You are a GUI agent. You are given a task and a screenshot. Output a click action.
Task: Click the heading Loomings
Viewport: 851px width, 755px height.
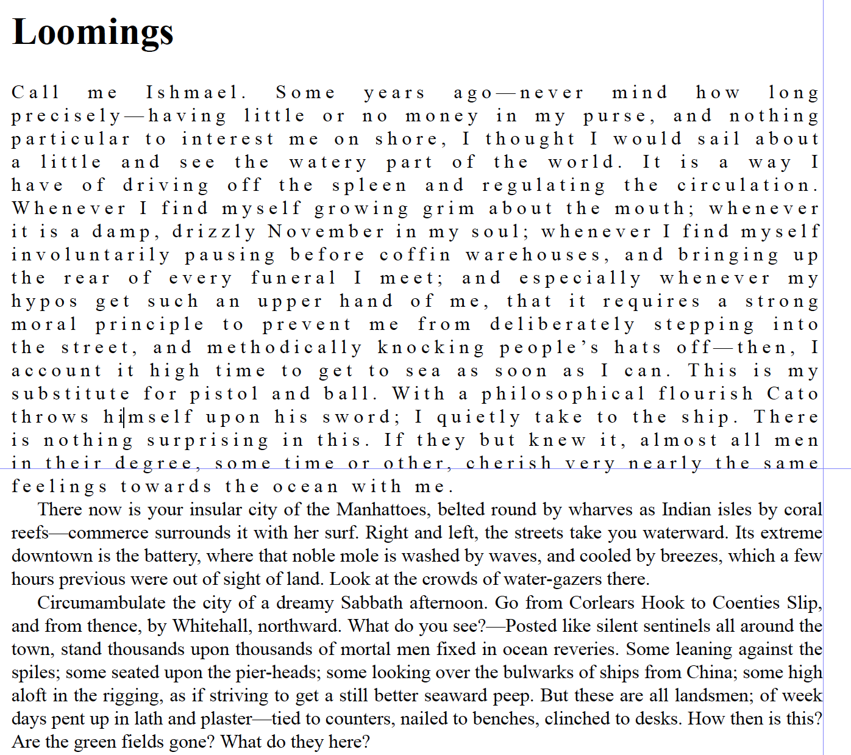click(x=93, y=32)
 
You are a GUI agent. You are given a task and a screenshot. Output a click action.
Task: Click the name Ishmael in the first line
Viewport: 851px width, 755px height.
click(x=195, y=93)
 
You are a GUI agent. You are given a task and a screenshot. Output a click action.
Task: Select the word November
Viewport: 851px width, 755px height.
click(x=326, y=232)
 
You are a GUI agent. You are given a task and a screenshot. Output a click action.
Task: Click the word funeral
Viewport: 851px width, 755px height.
click(x=293, y=278)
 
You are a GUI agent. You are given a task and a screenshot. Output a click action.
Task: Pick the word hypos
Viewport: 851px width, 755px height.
click(x=45, y=301)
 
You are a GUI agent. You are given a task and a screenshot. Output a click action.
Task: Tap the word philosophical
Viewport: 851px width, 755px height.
click(x=563, y=394)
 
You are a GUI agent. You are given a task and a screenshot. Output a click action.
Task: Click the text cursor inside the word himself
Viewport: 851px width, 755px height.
click(x=124, y=418)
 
